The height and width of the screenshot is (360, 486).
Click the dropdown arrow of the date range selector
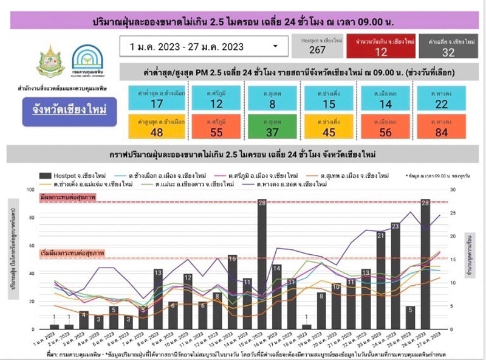click(276, 46)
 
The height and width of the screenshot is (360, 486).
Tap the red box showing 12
click(382, 46)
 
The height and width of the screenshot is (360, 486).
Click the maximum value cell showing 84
click(441, 127)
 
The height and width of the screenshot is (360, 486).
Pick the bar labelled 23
click(395, 276)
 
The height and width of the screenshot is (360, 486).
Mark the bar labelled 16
click(232, 292)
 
